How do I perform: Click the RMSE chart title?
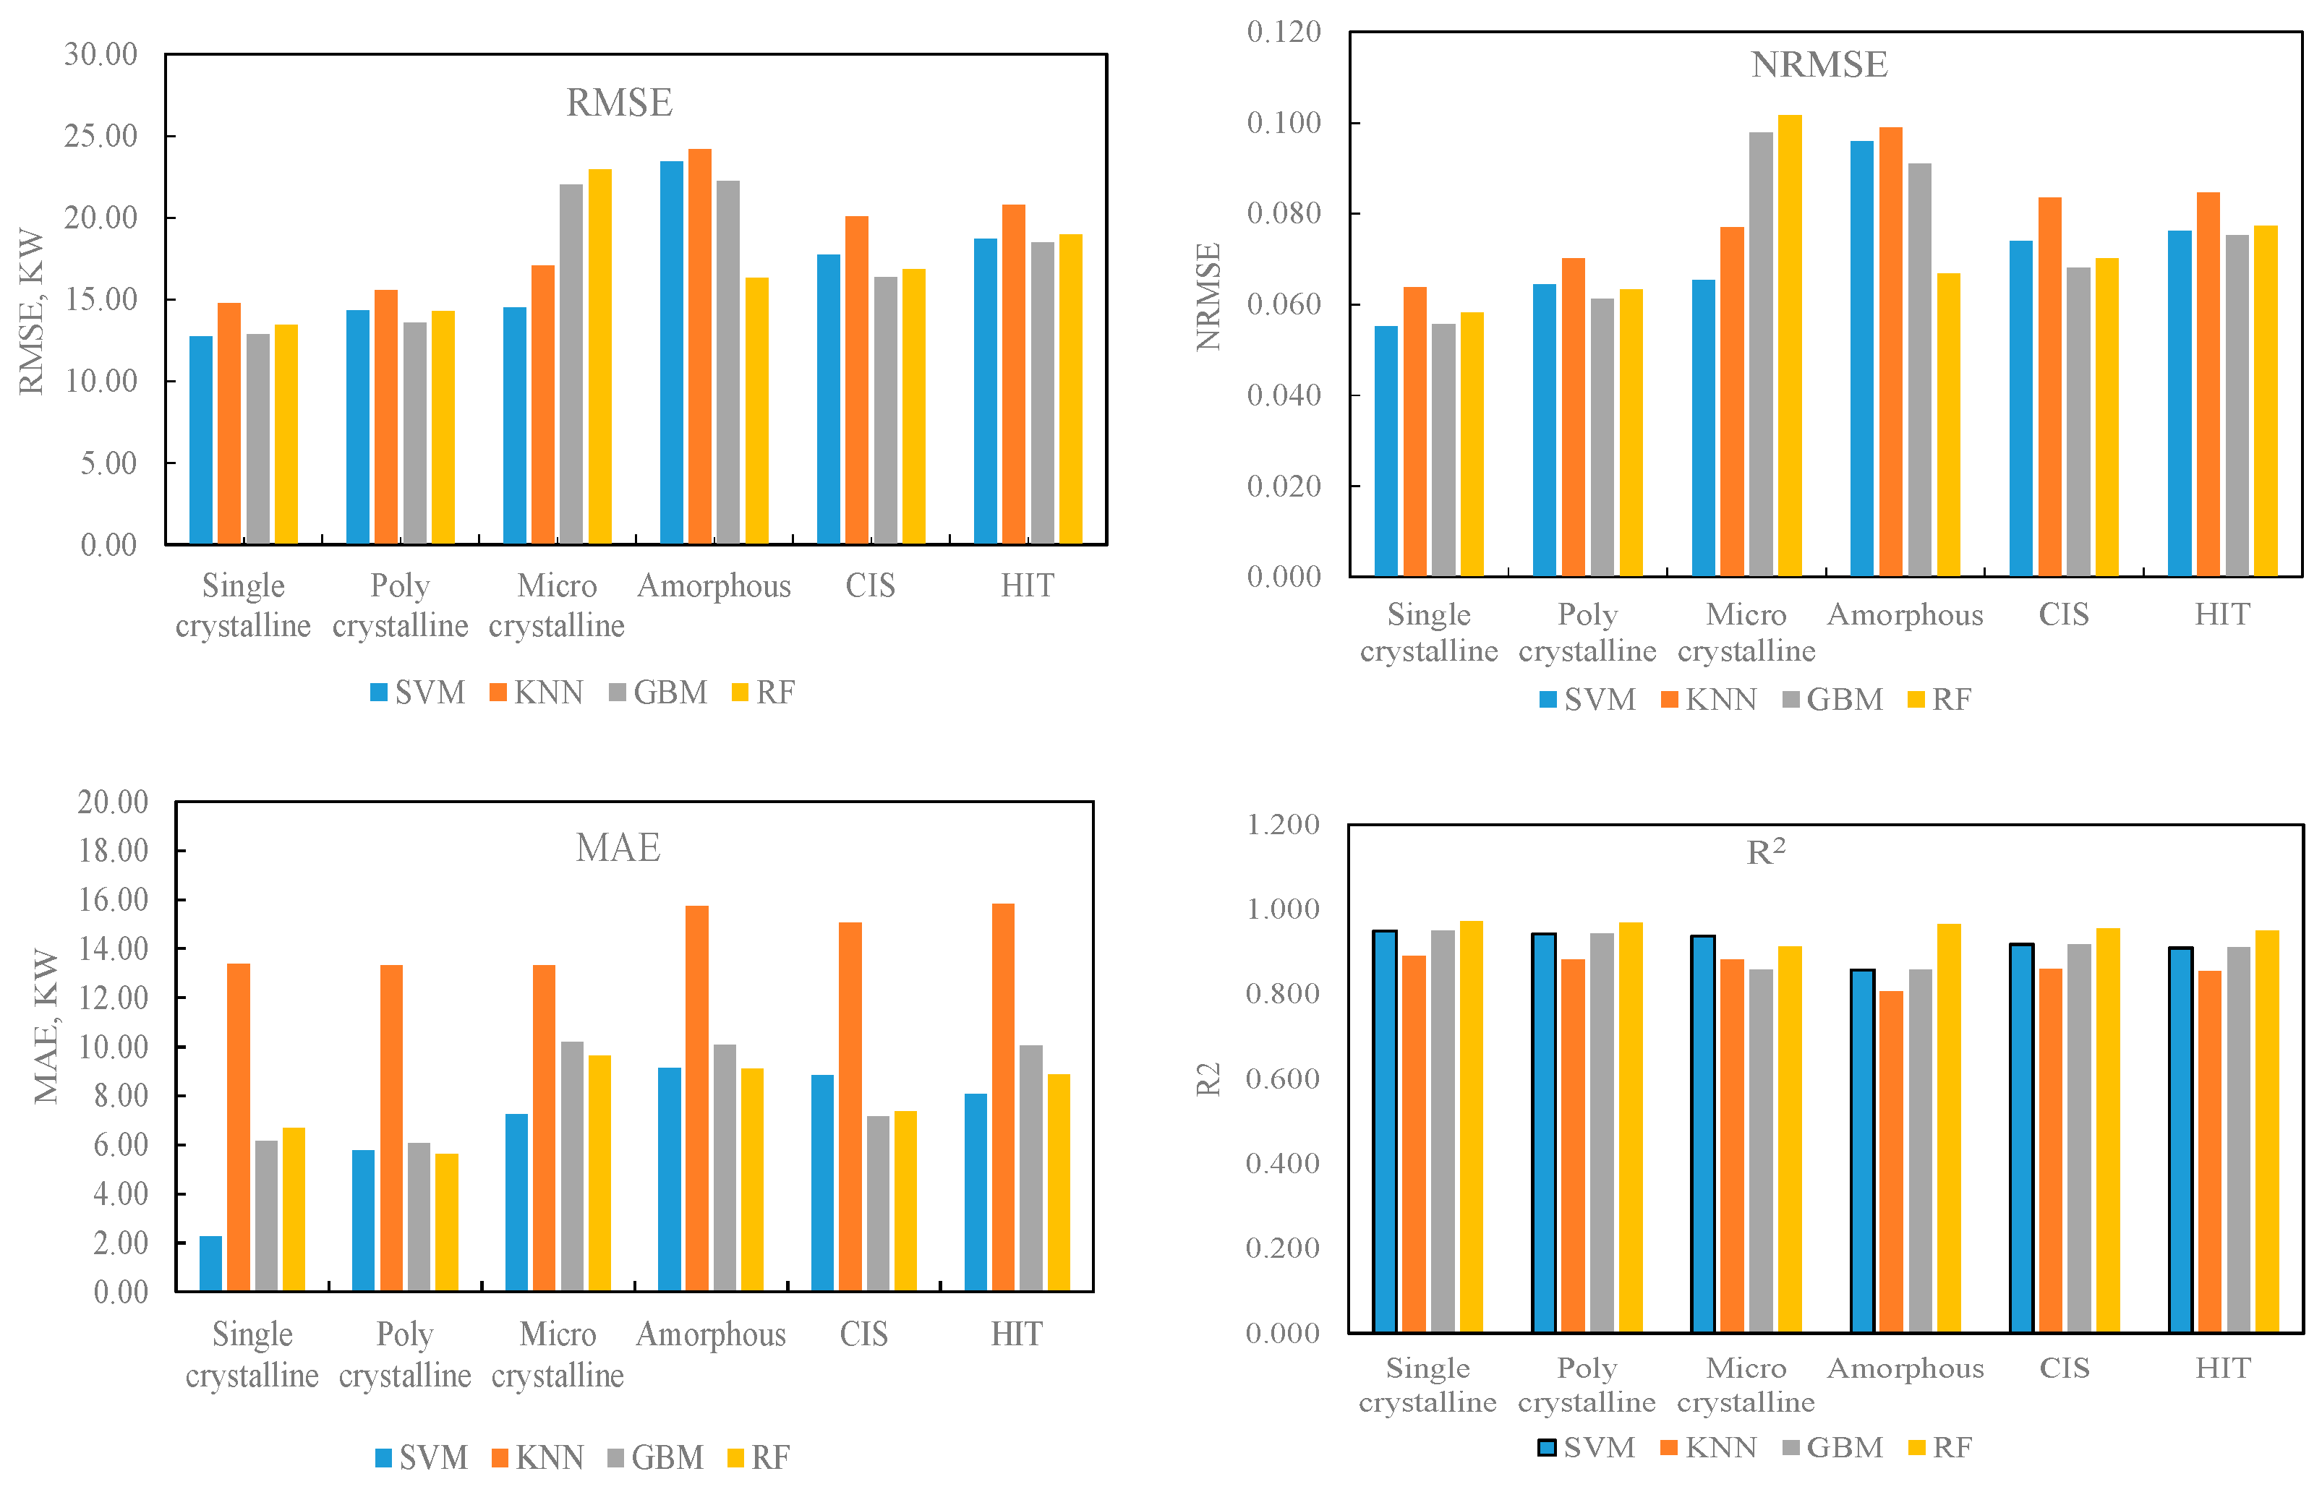pyautogui.click(x=618, y=103)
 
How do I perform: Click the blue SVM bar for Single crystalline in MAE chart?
pyautogui.click(x=210, y=1264)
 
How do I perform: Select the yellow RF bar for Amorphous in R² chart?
pyautogui.click(x=1948, y=1128)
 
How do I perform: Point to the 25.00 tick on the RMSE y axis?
pyautogui.click(x=101, y=136)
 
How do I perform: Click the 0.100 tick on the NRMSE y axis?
pyautogui.click(x=1283, y=123)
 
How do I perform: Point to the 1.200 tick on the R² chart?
pyautogui.click(x=1282, y=825)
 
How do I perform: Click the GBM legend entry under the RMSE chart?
pyautogui.click(x=658, y=693)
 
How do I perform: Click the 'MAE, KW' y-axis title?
pyautogui.click(x=46, y=1027)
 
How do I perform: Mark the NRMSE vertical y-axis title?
pyautogui.click(x=1208, y=296)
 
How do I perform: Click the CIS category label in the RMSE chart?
pyautogui.click(x=869, y=586)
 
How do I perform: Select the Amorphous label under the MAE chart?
pyautogui.click(x=710, y=1335)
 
